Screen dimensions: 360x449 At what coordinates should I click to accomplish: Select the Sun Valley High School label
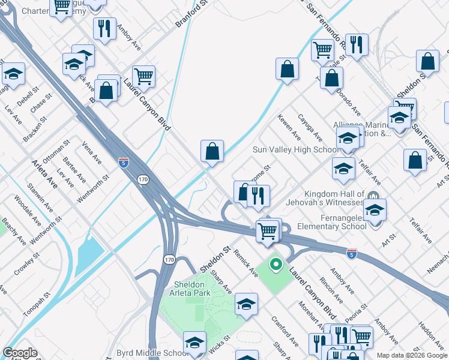point(295,149)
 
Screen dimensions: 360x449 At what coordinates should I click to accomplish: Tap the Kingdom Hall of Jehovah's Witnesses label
point(334,199)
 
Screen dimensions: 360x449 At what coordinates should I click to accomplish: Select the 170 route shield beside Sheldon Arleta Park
point(170,257)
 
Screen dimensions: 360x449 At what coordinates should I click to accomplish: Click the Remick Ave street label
point(246,262)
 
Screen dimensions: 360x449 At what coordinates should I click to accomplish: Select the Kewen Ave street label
point(289,128)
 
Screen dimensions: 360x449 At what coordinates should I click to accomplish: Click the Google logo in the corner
point(20,353)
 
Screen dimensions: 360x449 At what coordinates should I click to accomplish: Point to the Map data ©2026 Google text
point(411,355)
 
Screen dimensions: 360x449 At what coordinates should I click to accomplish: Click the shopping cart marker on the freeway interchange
point(267,230)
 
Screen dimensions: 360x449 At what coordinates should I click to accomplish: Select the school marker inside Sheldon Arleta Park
point(246,305)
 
